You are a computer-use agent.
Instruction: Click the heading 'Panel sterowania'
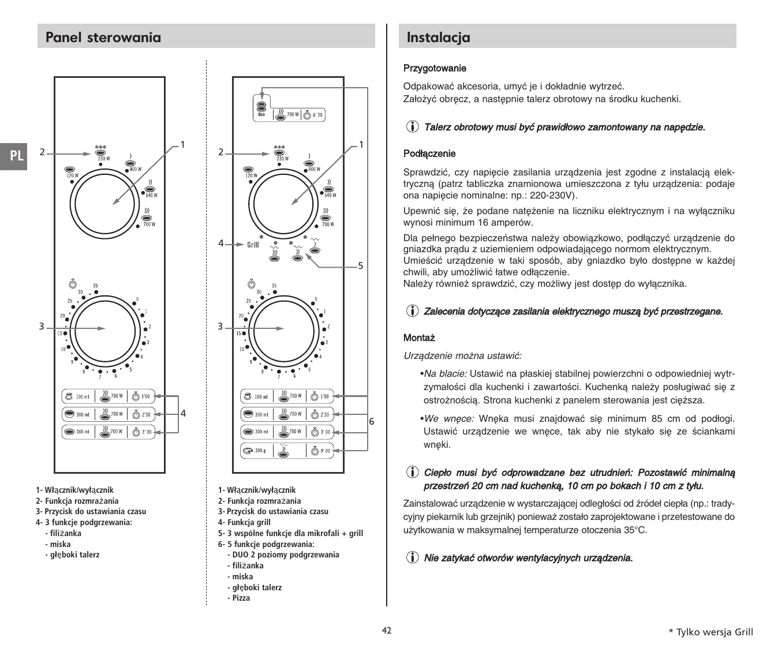click(103, 38)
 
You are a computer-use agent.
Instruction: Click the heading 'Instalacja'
click(438, 38)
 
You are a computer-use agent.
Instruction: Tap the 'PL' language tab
click(17, 156)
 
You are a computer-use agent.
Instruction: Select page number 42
click(387, 630)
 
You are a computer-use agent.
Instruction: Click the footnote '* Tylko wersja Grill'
click(711, 632)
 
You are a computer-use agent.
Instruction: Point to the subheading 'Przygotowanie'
click(435, 69)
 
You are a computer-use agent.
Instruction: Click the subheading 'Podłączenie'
click(429, 153)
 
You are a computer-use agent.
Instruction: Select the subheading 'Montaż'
click(419, 338)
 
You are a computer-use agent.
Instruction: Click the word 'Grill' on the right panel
click(253, 245)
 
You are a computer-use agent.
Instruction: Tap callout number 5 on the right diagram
click(360, 266)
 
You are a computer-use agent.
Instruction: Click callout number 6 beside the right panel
click(371, 422)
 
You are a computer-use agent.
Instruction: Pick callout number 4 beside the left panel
click(183, 413)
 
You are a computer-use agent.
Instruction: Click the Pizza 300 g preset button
click(286, 451)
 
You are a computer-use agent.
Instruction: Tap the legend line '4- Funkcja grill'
click(244, 522)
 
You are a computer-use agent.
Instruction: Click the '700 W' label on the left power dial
click(149, 224)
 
